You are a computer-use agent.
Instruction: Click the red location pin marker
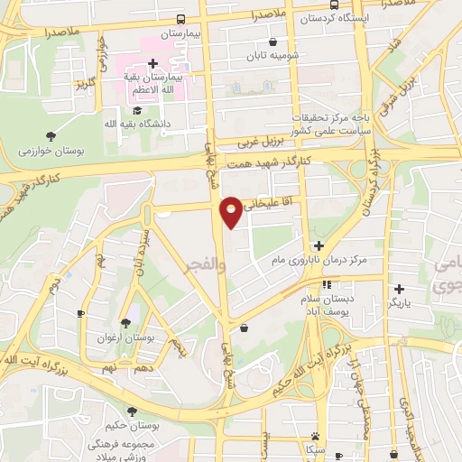(x=232, y=211)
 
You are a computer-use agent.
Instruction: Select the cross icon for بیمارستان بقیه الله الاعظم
(x=152, y=63)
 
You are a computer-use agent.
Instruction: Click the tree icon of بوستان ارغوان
(x=125, y=322)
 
